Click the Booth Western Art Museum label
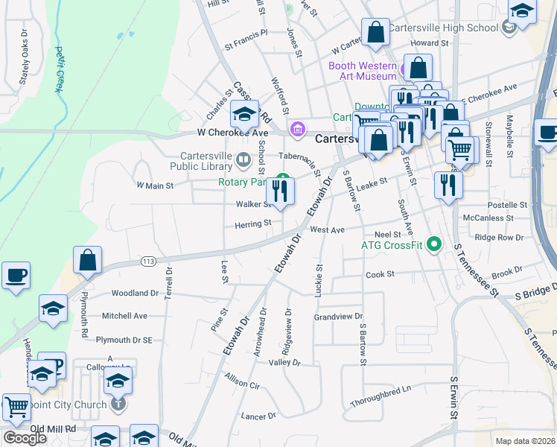coord(362,71)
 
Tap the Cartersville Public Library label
coord(196,161)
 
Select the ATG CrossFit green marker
coord(435,244)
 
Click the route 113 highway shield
coord(147,261)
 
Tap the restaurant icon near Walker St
coord(280,191)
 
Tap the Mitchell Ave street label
coord(124,316)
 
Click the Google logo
coord(25,438)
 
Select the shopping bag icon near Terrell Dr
coord(88,261)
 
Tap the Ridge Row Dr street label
coord(499,238)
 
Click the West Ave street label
coord(328,230)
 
